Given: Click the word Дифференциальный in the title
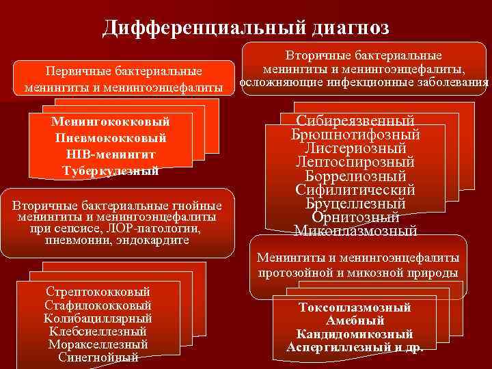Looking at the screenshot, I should point(195,28).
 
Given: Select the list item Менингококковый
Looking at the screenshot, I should point(110,122).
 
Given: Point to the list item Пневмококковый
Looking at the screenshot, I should point(110,138).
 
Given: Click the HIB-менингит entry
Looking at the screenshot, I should point(110,154).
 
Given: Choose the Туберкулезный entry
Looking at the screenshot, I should point(110,171).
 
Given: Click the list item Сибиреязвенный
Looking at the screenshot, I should point(355,121).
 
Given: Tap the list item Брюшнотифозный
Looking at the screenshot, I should point(355,135).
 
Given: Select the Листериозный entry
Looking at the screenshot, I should point(355,148).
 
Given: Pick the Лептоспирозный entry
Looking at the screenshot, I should point(355,163).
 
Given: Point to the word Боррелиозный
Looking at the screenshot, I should point(355,176).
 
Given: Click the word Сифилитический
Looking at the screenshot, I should point(355,190).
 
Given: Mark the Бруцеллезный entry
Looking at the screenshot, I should point(355,204).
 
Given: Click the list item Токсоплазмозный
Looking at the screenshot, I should point(355,307).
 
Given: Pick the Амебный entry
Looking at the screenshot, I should point(355,320).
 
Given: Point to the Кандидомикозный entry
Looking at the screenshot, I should point(355,334).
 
